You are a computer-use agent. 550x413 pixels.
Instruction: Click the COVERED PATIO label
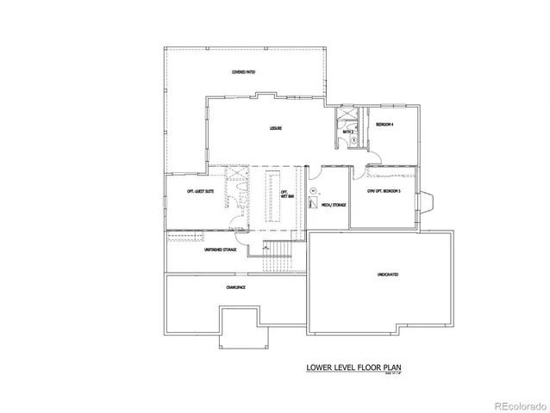[243, 71]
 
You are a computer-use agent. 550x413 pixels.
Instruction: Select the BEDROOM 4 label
[384, 126]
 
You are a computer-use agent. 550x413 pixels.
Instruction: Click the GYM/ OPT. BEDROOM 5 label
[383, 191]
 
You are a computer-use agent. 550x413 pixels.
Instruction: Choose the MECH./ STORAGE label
[332, 206]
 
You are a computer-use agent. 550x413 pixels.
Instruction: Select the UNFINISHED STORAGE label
[220, 250]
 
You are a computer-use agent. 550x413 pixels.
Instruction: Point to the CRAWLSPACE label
[236, 287]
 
